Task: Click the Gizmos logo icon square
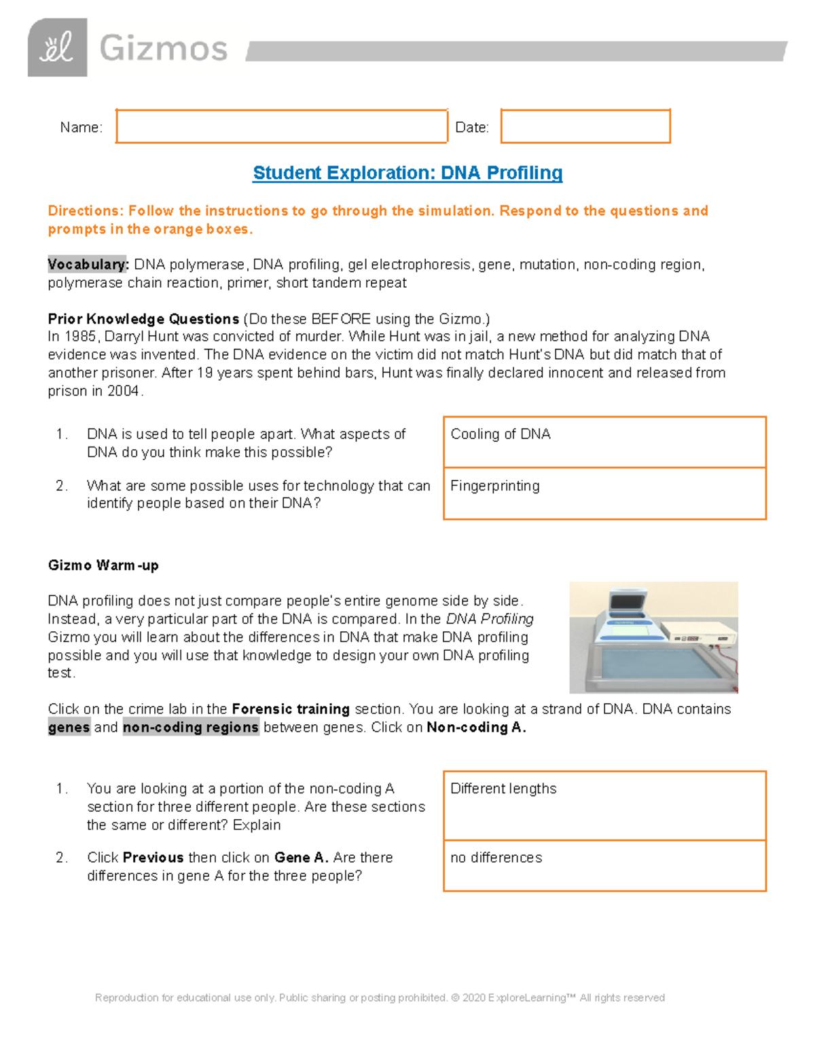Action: coord(57,48)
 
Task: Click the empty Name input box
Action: coord(281,126)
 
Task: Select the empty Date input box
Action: coord(585,126)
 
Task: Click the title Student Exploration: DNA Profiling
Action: coord(407,173)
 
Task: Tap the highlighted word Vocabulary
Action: coord(88,265)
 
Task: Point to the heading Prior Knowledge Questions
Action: coord(143,319)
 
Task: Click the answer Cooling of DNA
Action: coord(501,434)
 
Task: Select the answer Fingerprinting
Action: coord(495,486)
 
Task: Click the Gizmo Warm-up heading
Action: coord(103,565)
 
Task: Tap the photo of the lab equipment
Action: coord(653,637)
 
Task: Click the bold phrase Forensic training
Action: coord(291,709)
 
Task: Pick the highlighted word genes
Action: coord(69,728)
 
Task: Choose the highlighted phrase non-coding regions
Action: coord(191,728)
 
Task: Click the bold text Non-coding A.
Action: coord(476,728)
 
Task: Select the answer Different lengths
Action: coord(503,789)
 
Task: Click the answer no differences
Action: coord(496,858)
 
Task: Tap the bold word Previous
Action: coord(153,858)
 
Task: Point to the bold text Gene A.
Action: coord(301,858)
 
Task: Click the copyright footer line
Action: coord(380,998)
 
